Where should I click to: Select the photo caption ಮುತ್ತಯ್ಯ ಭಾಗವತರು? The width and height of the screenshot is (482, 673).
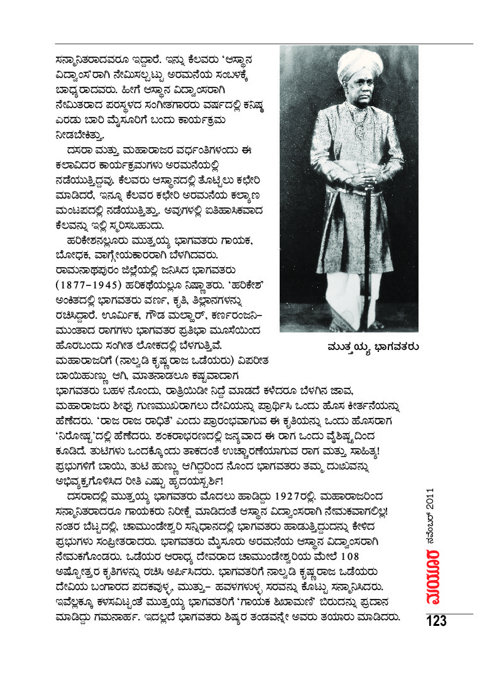click(364, 347)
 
